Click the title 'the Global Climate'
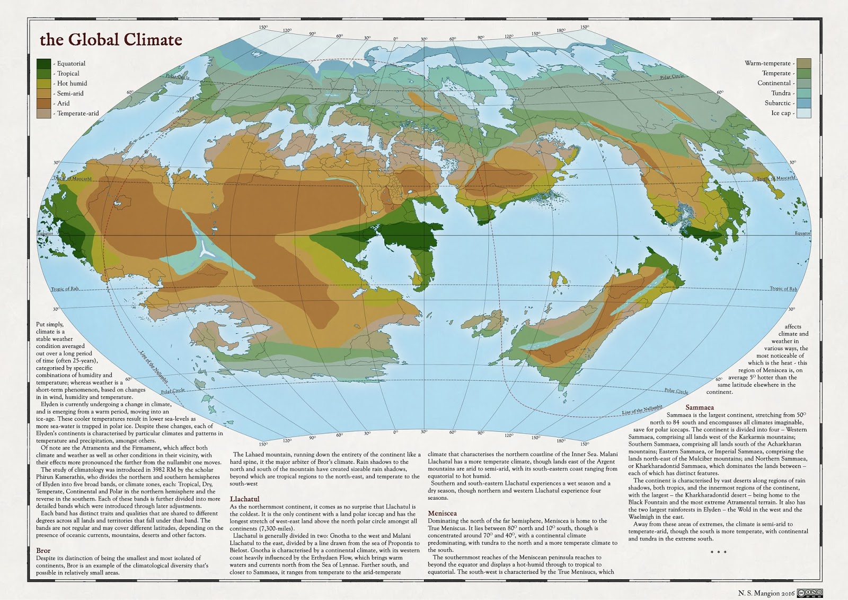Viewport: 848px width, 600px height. pos(111,40)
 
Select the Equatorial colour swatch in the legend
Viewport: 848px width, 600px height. pos(44,64)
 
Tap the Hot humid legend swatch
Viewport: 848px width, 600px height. pos(44,83)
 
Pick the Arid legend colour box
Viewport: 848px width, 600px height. pos(44,103)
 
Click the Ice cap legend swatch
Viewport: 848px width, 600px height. pos(804,113)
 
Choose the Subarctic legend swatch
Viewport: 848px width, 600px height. pos(804,103)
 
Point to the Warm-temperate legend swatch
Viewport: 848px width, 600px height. pos(804,63)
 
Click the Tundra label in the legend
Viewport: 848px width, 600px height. pos(781,93)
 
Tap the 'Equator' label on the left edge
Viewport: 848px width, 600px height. pos(45,233)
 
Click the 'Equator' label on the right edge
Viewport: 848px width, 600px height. pos(802,233)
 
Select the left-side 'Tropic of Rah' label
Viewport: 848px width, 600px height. pos(68,289)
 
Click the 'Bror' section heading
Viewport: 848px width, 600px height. pos(43,551)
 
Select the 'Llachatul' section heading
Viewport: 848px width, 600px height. pos(244,499)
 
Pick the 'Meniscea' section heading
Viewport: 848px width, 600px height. pos(442,514)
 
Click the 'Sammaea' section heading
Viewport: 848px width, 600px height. pos(700,407)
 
